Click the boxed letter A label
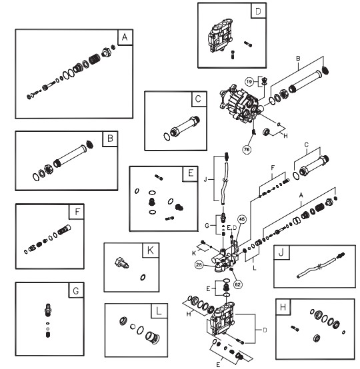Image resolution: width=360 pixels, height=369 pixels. (x=122, y=37)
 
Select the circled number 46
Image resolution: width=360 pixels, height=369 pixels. (x=241, y=218)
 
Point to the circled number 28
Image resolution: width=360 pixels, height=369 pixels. (x=199, y=265)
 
